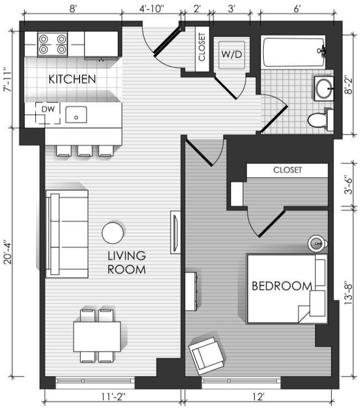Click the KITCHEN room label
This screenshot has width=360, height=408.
[72, 79]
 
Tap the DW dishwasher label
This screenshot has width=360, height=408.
[48, 109]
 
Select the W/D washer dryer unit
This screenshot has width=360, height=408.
[232, 54]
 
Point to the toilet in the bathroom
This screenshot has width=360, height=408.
[320, 120]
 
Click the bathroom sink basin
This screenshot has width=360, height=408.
[324, 89]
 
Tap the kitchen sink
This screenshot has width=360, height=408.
[76, 115]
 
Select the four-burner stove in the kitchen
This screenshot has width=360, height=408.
[53, 44]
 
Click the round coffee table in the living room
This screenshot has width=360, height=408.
[113, 233]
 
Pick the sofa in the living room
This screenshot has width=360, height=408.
[67, 234]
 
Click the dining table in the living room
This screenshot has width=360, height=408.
[97, 337]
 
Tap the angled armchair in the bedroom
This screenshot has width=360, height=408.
[206, 356]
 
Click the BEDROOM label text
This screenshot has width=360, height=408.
[282, 286]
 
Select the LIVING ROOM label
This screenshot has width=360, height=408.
[127, 262]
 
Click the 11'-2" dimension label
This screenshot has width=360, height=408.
[113, 397]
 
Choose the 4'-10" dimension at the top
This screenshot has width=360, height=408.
[152, 9]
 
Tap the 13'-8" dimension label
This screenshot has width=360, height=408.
[348, 293]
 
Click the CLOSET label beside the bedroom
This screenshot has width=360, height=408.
[288, 170]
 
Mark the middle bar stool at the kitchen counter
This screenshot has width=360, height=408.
[85, 151]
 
